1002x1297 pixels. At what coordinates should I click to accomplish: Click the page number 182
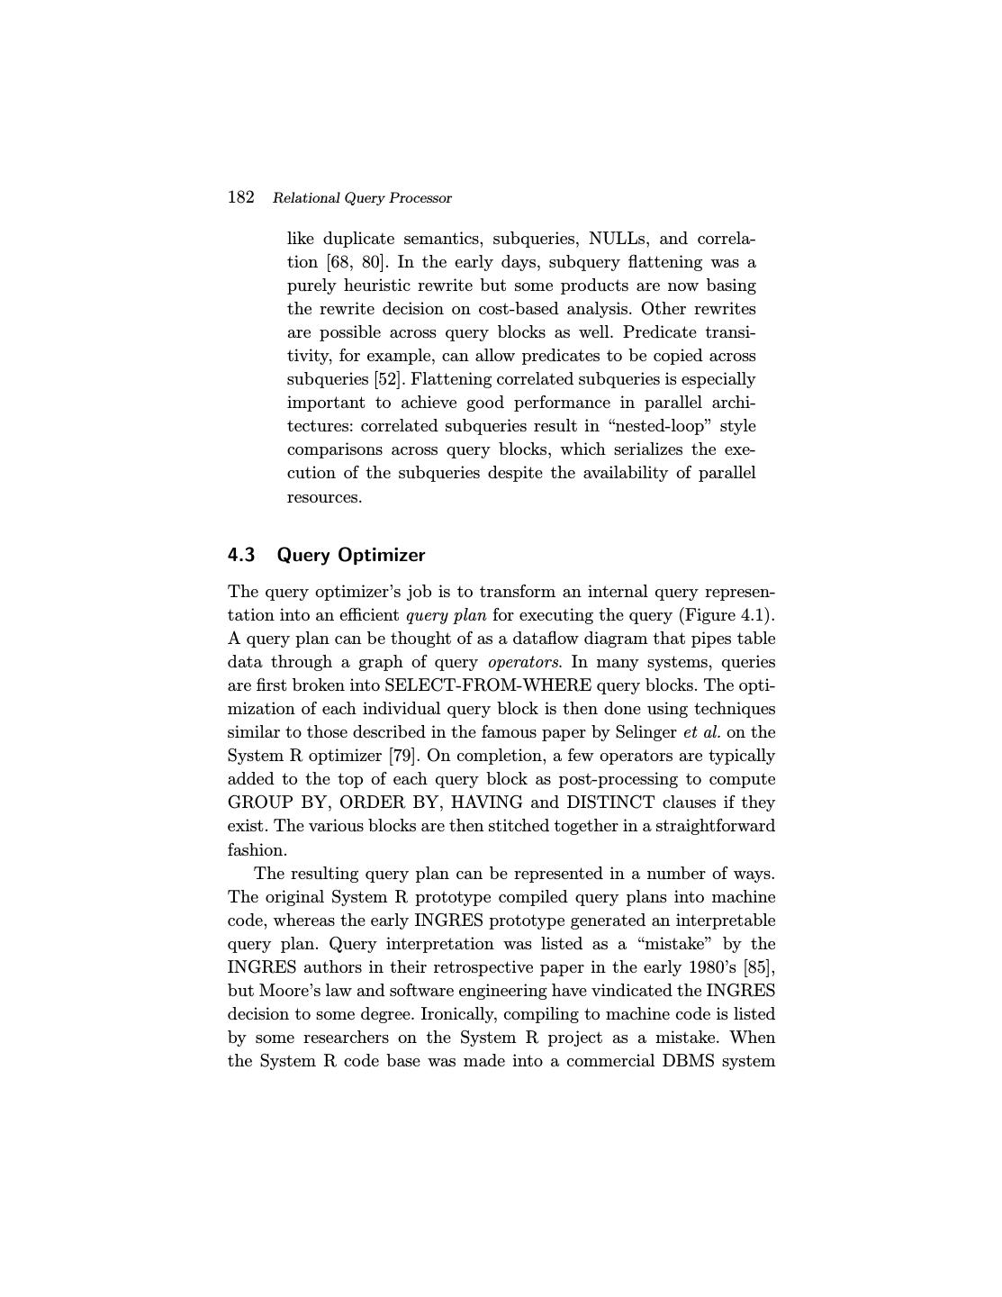tap(240, 197)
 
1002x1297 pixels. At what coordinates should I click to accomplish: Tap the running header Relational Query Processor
tap(362, 198)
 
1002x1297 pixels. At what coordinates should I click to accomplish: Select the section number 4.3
tap(241, 555)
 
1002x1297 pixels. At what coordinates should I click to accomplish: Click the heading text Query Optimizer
tap(351, 555)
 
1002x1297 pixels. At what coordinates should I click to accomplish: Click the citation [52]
tap(388, 379)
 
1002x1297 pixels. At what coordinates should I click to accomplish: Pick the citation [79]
tap(401, 756)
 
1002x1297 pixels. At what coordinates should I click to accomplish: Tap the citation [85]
tap(759, 967)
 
